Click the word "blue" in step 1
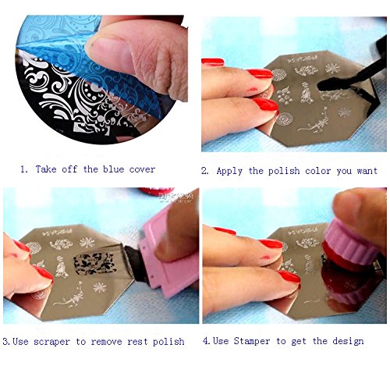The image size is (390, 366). (x=114, y=169)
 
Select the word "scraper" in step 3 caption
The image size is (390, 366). (x=51, y=342)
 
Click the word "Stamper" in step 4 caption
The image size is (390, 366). (x=252, y=341)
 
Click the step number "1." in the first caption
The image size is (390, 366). (x=24, y=169)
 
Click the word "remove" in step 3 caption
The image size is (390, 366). (x=106, y=342)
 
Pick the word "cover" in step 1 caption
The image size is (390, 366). (x=142, y=169)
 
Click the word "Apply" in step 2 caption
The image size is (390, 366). (x=229, y=171)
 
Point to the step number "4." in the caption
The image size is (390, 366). (x=207, y=341)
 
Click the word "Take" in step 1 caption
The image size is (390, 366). (x=46, y=169)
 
